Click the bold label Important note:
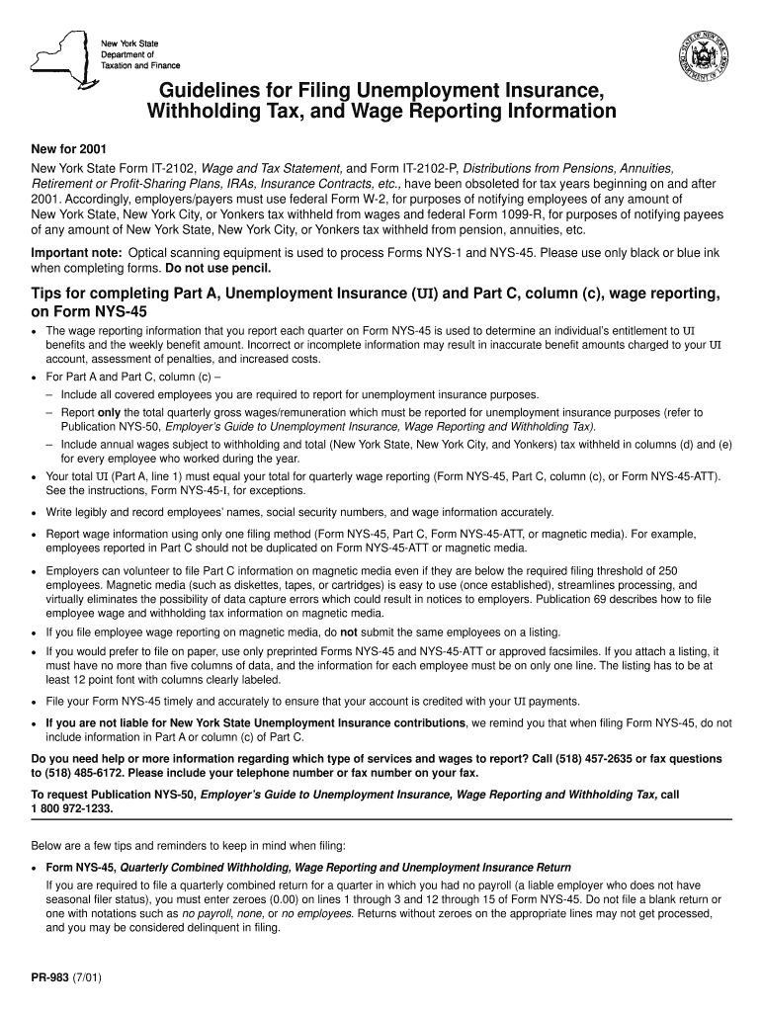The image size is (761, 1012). point(72,253)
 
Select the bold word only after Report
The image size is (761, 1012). point(109,412)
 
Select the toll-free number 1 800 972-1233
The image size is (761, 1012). point(72,807)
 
